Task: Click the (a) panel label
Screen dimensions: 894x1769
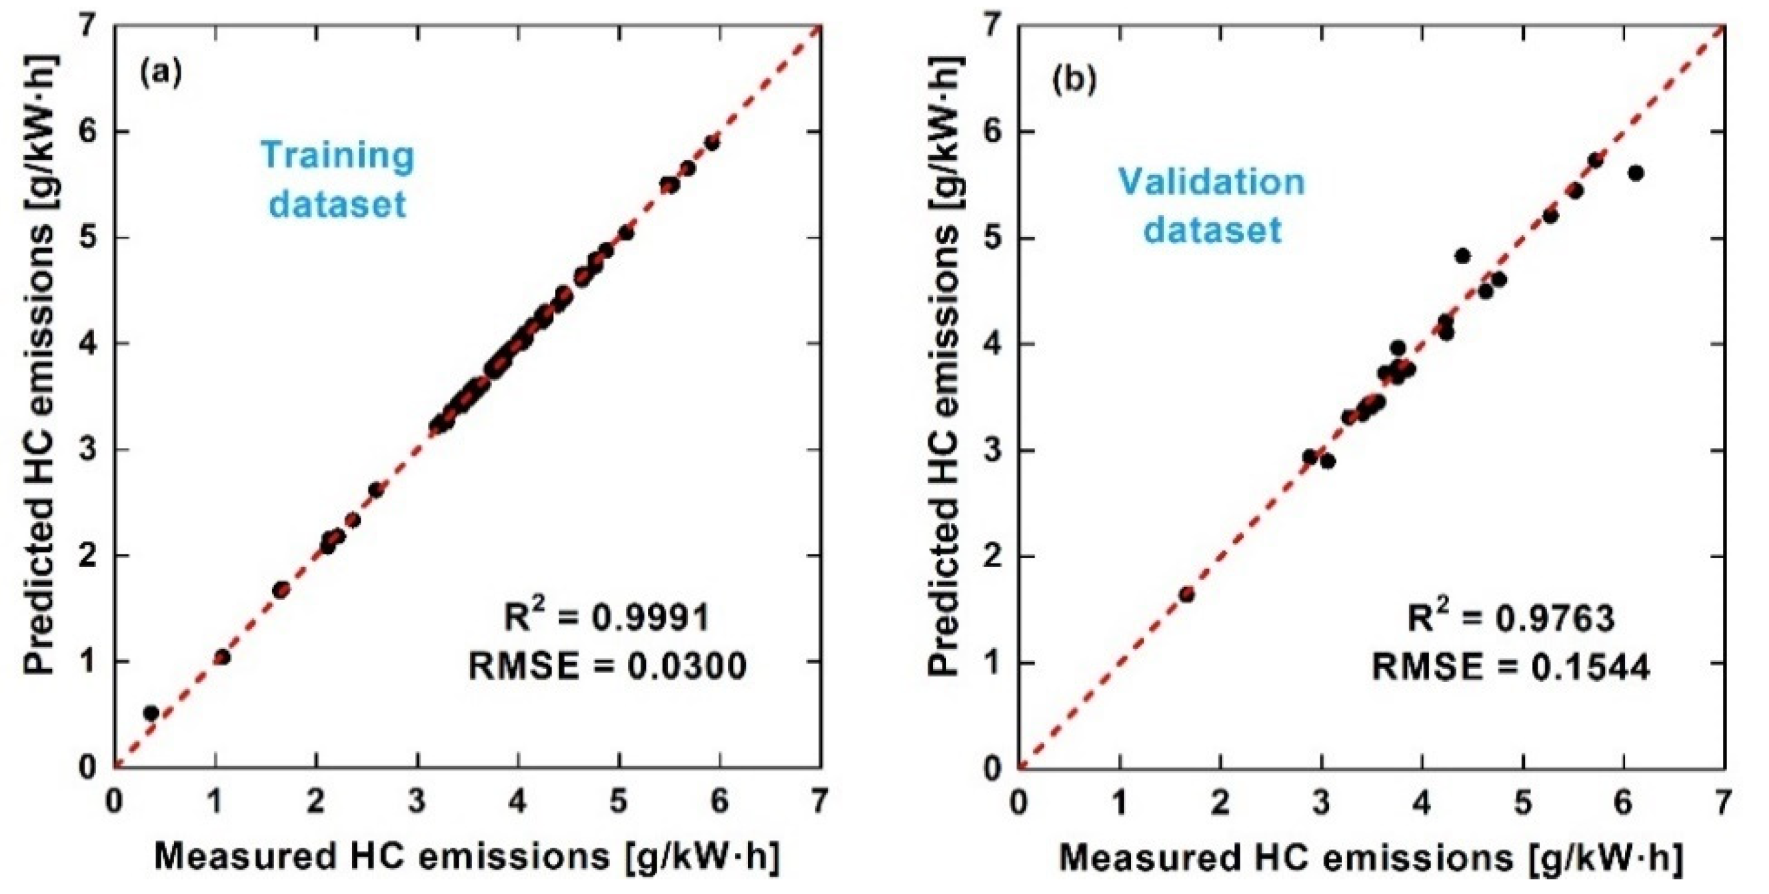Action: pyautogui.click(x=161, y=72)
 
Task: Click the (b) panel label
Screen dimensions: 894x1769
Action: pyautogui.click(x=1074, y=81)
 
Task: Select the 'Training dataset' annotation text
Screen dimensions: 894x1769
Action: pyautogui.click(x=337, y=179)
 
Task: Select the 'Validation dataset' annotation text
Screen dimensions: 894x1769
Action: pyautogui.click(x=1212, y=205)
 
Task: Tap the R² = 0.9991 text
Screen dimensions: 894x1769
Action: pyautogui.click(x=607, y=617)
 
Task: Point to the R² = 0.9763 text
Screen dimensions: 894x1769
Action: pyautogui.click(x=1511, y=617)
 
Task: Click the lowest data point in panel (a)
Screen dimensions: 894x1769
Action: pyautogui.click(x=151, y=713)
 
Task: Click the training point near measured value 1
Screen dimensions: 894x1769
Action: pyautogui.click(x=222, y=657)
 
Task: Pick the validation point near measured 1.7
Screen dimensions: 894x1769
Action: pyautogui.click(x=1186, y=594)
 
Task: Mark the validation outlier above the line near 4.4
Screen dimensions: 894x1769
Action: pyautogui.click(x=1462, y=256)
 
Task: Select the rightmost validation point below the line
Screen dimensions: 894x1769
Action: pyautogui.click(x=1636, y=173)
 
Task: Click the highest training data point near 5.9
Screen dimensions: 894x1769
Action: pyautogui.click(x=711, y=143)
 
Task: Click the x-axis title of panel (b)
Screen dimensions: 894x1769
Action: pyautogui.click(x=1370, y=857)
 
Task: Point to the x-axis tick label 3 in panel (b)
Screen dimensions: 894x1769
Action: pyautogui.click(x=1320, y=802)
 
